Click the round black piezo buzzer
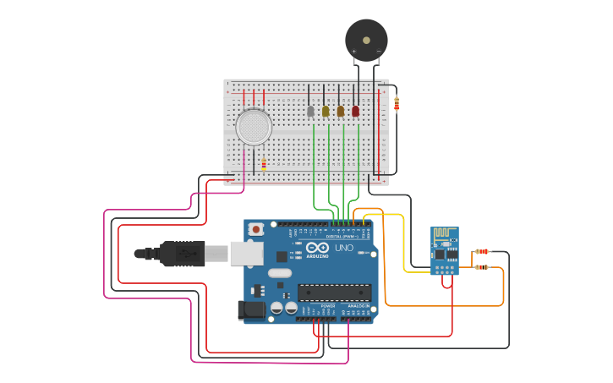366,39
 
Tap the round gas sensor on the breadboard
254,127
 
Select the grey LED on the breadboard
310,111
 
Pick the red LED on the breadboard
355,111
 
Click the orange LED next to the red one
341,111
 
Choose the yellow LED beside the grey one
326,111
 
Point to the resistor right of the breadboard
397,104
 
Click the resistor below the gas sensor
263,164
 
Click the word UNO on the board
344,249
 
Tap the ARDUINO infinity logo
318,248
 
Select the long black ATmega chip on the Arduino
334,293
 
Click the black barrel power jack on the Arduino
252,310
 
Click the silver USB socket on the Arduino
246,252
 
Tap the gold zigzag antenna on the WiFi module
444,234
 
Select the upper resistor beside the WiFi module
482,251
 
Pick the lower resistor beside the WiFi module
482,267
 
